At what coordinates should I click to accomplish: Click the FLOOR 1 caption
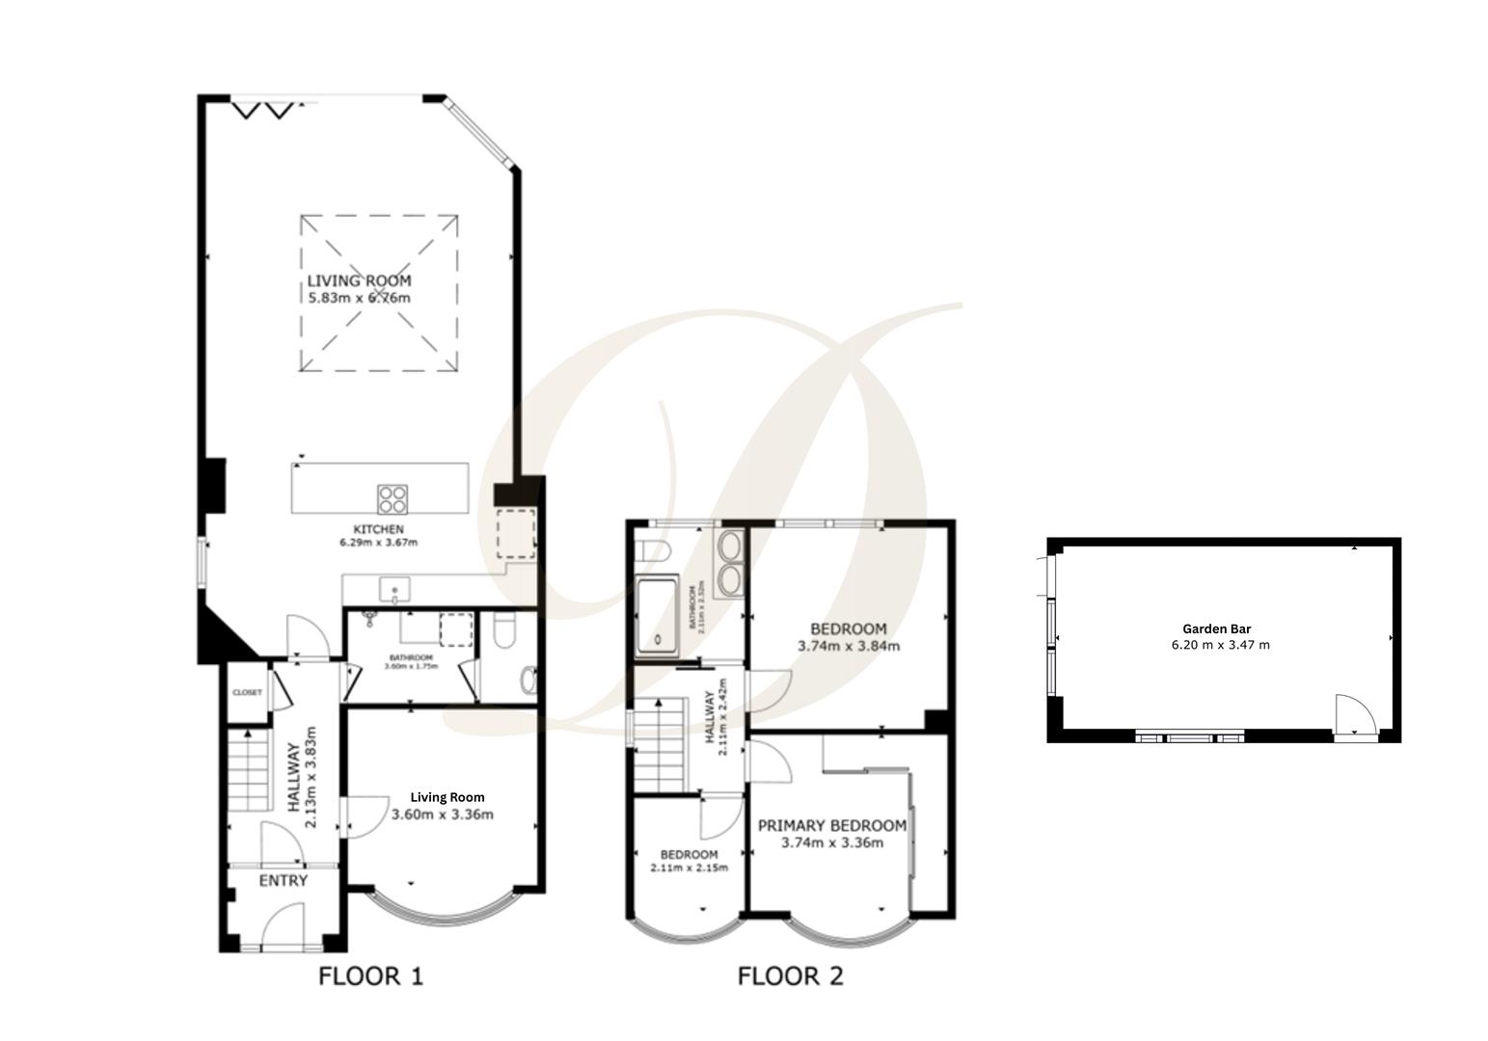click(x=370, y=976)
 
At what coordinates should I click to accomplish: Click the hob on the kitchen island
click(x=392, y=498)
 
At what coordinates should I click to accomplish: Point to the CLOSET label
click(x=247, y=692)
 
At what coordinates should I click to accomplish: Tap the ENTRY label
click(x=284, y=881)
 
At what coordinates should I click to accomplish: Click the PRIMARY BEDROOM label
click(x=831, y=826)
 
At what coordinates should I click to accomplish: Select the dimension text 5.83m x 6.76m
click(x=359, y=298)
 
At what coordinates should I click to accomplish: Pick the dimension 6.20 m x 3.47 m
click(x=1219, y=645)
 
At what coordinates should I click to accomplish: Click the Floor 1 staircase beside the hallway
click(x=250, y=771)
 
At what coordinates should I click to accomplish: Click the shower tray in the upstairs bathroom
click(x=657, y=615)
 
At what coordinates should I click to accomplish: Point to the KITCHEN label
click(x=378, y=529)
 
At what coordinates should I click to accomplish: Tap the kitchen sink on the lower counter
click(x=394, y=589)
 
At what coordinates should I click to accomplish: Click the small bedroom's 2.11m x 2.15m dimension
click(x=689, y=867)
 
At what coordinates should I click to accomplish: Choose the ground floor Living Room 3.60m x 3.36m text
click(x=443, y=814)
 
